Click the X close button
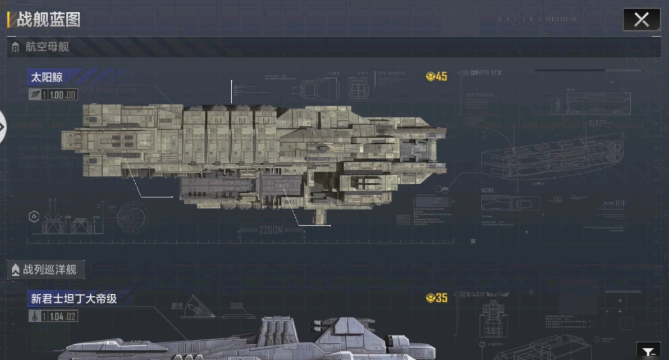[641, 20]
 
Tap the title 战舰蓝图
[48, 20]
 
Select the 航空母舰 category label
[47, 47]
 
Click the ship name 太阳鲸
[47, 77]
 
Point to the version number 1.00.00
[63, 95]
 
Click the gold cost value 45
[441, 76]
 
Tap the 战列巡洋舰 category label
[49, 270]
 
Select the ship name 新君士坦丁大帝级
[74, 299]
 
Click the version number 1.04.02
[63, 317]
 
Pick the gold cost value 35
[441, 298]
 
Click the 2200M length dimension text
[271, 230]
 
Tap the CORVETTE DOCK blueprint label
[485, 73]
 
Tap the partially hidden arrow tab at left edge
[2, 127]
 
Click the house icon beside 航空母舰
[15, 48]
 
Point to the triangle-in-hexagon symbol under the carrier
[34, 216]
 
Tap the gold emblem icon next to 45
[430, 76]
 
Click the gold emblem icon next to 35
[430, 298]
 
